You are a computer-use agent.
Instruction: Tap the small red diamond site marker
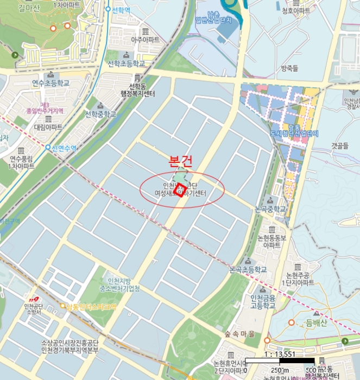180,188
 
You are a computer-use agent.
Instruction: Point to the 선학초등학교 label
127,64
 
